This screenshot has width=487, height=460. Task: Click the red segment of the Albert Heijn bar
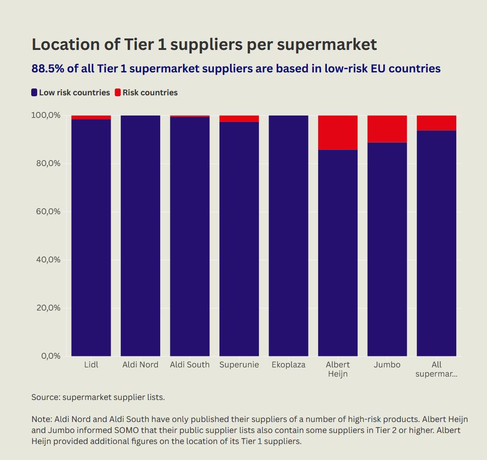pyautogui.click(x=338, y=132)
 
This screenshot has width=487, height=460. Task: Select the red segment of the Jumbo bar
pyautogui.click(x=387, y=129)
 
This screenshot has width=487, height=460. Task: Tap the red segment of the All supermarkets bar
pyautogui.click(x=436, y=123)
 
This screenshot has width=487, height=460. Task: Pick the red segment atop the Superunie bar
pyautogui.click(x=239, y=119)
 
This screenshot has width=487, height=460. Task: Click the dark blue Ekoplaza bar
pyautogui.click(x=288, y=236)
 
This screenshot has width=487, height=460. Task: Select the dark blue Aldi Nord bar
pyautogui.click(x=140, y=236)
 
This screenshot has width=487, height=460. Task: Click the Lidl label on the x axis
pyautogui.click(x=91, y=365)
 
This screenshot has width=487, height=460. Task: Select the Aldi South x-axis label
pyautogui.click(x=189, y=365)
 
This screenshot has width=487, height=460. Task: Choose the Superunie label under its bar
pyautogui.click(x=239, y=365)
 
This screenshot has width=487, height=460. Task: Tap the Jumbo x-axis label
pyautogui.click(x=387, y=365)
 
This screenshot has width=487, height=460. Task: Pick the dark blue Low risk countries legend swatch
pyautogui.click(x=35, y=92)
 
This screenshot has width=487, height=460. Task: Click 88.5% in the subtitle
pyautogui.click(x=48, y=69)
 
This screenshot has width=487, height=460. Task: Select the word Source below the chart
pyautogui.click(x=45, y=397)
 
